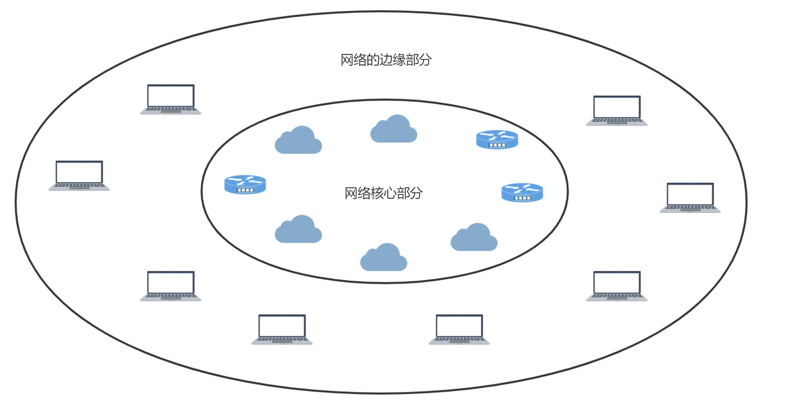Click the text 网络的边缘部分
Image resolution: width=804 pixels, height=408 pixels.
coord(386,60)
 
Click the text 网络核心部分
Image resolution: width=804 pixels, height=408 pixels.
coord(384,193)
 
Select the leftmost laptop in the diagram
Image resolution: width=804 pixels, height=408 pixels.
coord(79,175)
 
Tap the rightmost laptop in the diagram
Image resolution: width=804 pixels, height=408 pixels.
coord(690,198)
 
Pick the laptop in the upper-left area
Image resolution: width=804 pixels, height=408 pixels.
coord(171,99)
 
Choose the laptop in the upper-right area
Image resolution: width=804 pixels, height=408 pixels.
coord(617,110)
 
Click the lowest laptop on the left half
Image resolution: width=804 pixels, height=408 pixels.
coord(282,329)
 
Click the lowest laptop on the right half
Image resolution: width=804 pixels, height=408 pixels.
coord(459,329)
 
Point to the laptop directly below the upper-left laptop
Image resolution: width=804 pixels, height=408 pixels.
coord(171,286)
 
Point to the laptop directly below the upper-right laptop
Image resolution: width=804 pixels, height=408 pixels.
coord(617,286)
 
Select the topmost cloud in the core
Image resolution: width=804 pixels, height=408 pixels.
coord(394,130)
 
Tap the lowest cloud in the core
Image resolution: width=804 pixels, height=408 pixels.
coord(384,258)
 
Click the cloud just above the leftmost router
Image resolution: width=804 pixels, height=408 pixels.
coord(298,141)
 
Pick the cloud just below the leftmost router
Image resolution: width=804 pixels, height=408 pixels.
coord(298,230)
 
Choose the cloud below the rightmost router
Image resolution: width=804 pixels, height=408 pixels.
coord(474,238)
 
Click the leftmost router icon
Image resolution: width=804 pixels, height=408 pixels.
coord(245,184)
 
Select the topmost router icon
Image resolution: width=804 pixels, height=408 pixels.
coord(497,139)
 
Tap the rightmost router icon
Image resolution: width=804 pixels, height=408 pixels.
coord(522,192)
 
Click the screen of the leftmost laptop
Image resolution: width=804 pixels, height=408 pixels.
coord(79,172)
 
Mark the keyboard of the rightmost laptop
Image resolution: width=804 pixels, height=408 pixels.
coord(690,208)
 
